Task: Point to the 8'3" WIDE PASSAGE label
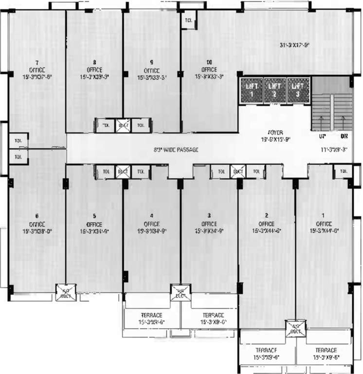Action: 176,150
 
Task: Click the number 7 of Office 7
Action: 37,62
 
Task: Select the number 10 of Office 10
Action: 209,62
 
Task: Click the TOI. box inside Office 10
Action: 188,20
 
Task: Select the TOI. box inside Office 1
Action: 344,171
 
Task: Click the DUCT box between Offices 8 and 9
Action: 123,125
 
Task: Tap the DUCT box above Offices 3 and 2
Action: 238,171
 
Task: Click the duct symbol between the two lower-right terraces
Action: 295,329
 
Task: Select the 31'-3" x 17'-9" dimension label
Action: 294,45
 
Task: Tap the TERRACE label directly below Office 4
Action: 151,315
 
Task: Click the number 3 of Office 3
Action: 209,216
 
